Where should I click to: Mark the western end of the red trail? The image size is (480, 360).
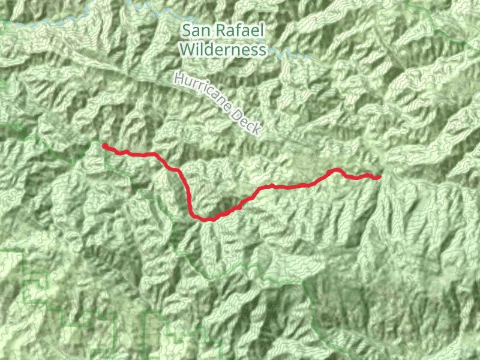104,145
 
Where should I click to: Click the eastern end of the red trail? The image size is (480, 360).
380,176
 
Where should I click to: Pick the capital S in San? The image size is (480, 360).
187,30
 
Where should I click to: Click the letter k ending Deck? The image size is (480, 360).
257,130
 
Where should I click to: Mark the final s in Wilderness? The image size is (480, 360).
263,50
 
